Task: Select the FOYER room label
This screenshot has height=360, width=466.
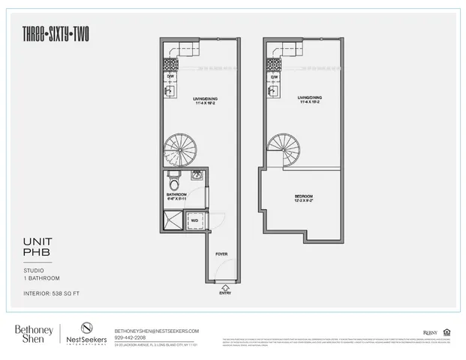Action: click(221, 254)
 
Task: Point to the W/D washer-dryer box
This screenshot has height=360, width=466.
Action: click(194, 220)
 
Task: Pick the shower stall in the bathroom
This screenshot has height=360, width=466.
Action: click(172, 220)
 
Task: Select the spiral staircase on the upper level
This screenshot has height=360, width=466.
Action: click(284, 149)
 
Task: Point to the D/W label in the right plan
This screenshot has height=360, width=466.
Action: click(274, 76)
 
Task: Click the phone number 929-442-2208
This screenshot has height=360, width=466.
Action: click(131, 337)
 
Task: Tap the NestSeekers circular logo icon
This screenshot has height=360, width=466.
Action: click(86, 328)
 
